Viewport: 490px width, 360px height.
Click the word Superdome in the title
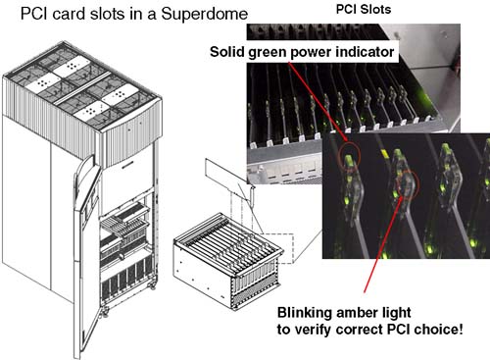tap(205, 14)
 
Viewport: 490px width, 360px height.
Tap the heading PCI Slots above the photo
tap(364, 9)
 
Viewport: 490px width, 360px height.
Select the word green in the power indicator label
tap(267, 52)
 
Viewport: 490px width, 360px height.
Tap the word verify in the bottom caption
tap(313, 330)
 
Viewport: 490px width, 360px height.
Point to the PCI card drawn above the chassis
tap(228, 177)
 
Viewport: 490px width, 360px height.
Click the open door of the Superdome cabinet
tap(85, 255)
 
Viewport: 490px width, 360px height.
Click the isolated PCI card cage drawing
tap(228, 261)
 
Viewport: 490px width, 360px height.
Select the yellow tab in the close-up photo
tap(385, 153)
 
